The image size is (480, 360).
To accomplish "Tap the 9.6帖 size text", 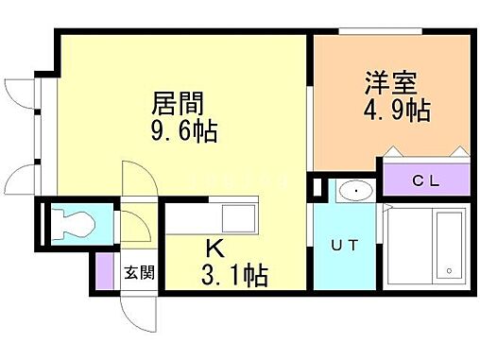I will [185, 129].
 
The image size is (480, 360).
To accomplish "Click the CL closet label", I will [426, 181].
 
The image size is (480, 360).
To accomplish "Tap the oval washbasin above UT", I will [356, 191].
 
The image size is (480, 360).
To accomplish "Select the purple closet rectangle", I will [426, 181].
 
